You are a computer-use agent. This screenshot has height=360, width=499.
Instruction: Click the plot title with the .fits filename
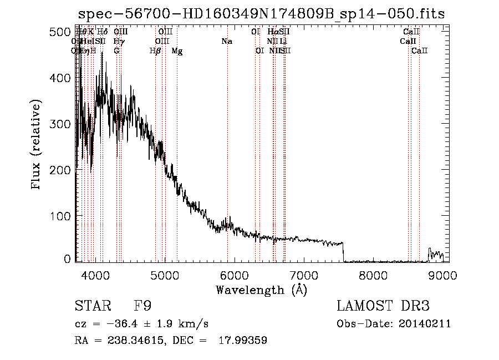click(x=261, y=14)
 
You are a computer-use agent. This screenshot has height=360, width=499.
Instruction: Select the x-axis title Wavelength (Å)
click(x=261, y=290)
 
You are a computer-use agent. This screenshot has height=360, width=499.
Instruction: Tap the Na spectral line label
click(x=226, y=42)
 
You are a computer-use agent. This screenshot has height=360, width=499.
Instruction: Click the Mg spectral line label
click(x=177, y=51)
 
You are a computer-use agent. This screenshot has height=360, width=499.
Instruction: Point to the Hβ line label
click(x=155, y=51)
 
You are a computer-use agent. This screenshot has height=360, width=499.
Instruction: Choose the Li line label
click(x=283, y=42)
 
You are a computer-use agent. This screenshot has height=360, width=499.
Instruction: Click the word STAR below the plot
click(x=92, y=306)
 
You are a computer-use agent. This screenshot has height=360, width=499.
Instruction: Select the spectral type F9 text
click(x=142, y=306)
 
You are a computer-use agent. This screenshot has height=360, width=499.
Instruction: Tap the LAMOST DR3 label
click(x=383, y=306)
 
